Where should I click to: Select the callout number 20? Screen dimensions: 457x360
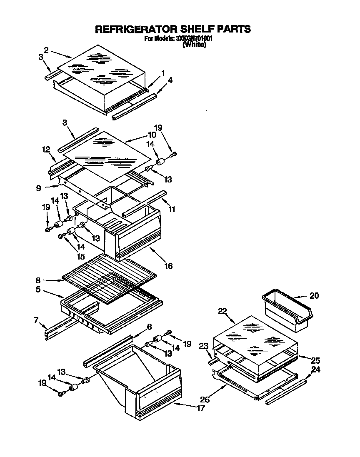click(x=314, y=296)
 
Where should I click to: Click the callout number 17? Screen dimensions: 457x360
click(x=200, y=408)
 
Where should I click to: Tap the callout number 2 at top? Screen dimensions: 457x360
click(x=46, y=50)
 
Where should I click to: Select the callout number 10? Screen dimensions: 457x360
click(x=140, y=135)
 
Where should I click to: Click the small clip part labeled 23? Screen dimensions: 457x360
click(x=213, y=362)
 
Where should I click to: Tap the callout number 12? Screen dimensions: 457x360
click(x=46, y=149)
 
